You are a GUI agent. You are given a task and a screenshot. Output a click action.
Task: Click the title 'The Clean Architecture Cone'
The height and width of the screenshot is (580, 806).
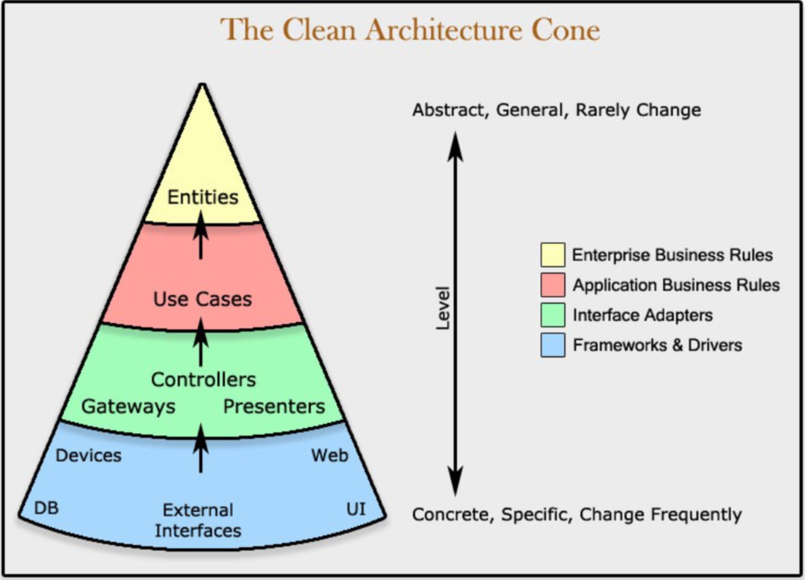pyautogui.click(x=409, y=30)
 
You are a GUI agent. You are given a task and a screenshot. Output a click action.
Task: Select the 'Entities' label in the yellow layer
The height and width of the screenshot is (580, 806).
pyautogui.click(x=202, y=197)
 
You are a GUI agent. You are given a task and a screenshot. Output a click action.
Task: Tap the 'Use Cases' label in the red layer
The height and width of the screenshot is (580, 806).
pyautogui.click(x=202, y=299)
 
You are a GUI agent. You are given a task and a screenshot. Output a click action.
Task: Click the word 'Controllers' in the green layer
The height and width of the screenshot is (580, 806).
pyautogui.click(x=203, y=379)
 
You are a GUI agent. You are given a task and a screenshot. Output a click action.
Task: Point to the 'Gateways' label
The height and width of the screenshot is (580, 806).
pyautogui.click(x=128, y=406)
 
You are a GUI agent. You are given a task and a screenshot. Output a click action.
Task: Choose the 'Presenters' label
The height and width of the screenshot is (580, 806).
pyautogui.click(x=274, y=406)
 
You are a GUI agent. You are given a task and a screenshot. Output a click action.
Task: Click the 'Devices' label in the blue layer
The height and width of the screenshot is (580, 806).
pyautogui.click(x=88, y=455)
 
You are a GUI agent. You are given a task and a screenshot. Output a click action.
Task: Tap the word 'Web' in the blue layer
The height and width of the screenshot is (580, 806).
pyautogui.click(x=329, y=455)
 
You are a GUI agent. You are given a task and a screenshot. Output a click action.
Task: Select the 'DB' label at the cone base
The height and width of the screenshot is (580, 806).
pyautogui.click(x=46, y=508)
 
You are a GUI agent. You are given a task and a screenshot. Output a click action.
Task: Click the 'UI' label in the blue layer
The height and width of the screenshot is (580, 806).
pyautogui.click(x=356, y=508)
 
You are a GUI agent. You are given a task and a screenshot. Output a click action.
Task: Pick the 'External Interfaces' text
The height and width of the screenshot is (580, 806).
pyautogui.click(x=199, y=520)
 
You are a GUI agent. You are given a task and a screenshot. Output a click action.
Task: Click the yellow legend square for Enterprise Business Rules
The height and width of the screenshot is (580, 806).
pyautogui.click(x=553, y=255)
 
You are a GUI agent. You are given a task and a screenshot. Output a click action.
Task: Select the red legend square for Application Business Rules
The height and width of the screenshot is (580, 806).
pyautogui.click(x=553, y=285)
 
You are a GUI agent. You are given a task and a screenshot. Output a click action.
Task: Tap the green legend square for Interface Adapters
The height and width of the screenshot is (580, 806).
pyautogui.click(x=553, y=315)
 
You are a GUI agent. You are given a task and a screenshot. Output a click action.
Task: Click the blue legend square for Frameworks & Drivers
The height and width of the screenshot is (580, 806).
pyautogui.click(x=553, y=345)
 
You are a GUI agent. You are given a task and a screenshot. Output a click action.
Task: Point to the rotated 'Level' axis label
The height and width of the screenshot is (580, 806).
pyautogui.click(x=442, y=309)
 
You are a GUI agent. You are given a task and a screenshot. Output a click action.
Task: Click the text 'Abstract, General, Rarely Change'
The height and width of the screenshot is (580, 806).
pyautogui.click(x=557, y=110)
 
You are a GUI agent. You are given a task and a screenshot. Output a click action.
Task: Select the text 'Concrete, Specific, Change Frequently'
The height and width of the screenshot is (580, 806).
pyautogui.click(x=577, y=514)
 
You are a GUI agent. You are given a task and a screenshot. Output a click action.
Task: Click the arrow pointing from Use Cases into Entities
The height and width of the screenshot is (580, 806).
pyautogui.click(x=200, y=234)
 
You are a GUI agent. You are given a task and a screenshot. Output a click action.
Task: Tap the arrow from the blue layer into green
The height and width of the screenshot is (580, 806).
pyautogui.click(x=200, y=448)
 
